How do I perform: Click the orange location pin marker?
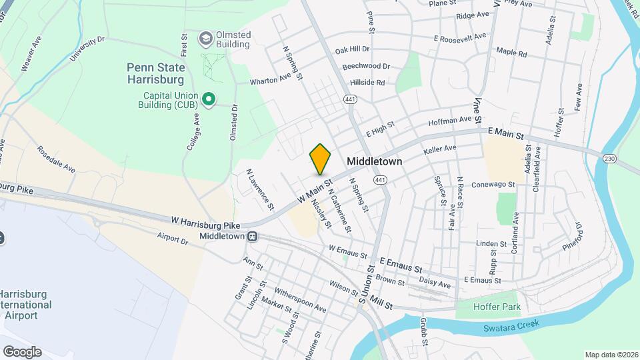[x=321, y=158]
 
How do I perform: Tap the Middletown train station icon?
[x=253, y=237]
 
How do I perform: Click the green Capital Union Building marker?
[x=208, y=100]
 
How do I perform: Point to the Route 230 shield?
[x=609, y=159]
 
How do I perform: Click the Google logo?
[x=22, y=351]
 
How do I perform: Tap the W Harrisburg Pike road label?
[x=205, y=219]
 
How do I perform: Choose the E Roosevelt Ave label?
[x=460, y=38]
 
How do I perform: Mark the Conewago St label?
[x=493, y=185]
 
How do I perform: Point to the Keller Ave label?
[x=440, y=149]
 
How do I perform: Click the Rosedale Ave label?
[x=56, y=159]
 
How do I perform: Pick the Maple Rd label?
[x=511, y=52]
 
